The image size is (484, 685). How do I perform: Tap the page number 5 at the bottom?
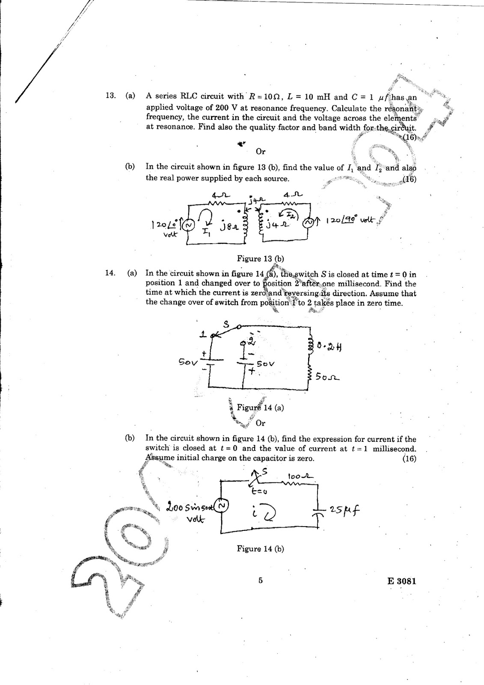click(260, 581)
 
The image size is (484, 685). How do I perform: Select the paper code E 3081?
click(400, 581)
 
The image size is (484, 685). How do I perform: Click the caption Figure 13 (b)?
click(260, 259)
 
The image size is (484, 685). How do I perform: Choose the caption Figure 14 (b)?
click(260, 548)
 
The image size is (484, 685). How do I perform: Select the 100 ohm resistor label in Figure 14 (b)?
click(300, 476)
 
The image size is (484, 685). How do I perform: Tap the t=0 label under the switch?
click(259, 491)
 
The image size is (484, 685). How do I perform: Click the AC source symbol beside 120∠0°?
click(189, 223)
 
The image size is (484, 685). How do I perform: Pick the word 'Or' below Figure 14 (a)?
click(260, 423)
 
